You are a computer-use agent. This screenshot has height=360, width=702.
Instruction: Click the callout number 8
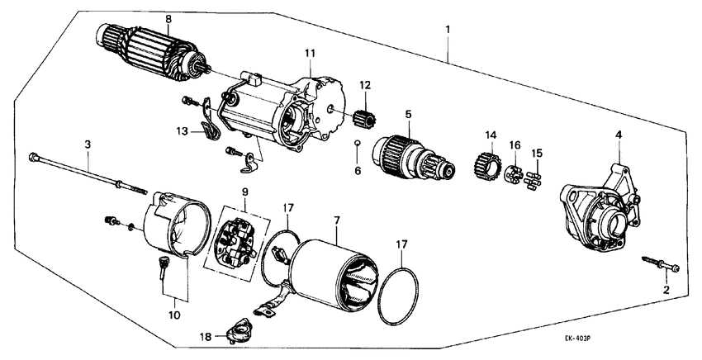168,18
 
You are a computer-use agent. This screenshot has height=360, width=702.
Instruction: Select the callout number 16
515,145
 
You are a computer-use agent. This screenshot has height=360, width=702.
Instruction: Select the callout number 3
88,144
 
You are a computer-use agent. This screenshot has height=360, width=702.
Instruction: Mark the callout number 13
182,130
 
